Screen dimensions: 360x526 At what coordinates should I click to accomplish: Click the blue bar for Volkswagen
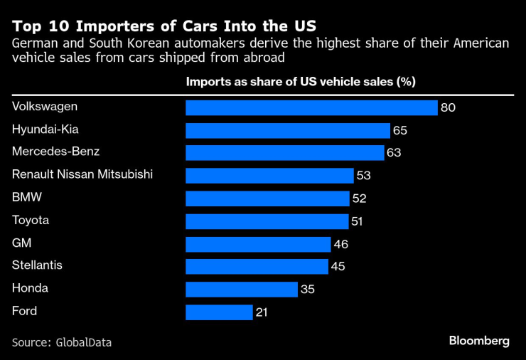point(311,107)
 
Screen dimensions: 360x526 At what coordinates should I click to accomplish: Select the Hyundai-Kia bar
point(288,130)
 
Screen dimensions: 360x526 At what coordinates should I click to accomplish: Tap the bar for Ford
point(219,312)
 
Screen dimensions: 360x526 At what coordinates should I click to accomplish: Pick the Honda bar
point(241,290)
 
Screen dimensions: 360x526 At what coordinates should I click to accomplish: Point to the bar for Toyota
point(267,221)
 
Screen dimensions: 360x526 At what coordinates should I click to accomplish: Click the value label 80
point(447,108)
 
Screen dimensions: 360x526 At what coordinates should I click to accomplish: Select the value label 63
point(394,153)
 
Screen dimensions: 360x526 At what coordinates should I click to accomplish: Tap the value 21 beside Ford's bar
point(262,312)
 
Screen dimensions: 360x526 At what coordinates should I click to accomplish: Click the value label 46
point(341,245)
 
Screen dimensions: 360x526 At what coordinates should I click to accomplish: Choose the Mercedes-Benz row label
point(56,152)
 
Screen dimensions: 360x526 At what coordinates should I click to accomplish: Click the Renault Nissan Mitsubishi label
point(82,174)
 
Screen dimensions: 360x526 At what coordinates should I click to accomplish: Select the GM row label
point(21,243)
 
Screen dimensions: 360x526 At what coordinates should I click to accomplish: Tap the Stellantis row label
point(37,265)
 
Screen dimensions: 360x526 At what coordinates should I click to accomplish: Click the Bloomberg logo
point(479,341)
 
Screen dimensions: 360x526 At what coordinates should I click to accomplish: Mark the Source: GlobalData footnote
point(62,342)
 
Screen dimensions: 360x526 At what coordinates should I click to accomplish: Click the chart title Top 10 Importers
point(164,26)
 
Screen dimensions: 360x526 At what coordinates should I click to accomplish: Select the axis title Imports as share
point(300,81)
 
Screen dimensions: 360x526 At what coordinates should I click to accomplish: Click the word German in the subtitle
point(34,44)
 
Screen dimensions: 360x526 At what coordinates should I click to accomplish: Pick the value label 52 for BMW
point(360,199)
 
